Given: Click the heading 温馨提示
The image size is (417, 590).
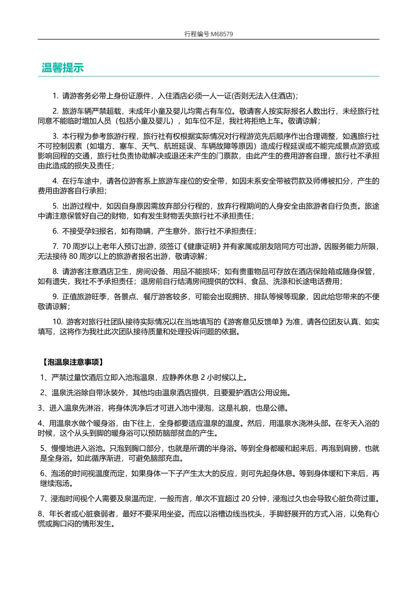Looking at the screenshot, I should click(x=63, y=68).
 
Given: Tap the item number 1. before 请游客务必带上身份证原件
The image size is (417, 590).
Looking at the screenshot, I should click(x=56, y=96).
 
